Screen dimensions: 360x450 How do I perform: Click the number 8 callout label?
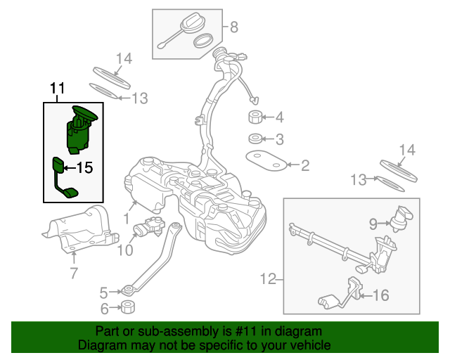(x=234, y=28)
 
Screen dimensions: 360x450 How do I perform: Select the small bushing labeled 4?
(x=255, y=117)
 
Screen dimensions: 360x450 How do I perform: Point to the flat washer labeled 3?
(x=256, y=139)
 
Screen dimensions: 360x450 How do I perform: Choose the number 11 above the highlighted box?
(x=57, y=89)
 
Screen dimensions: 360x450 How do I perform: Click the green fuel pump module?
(x=79, y=129)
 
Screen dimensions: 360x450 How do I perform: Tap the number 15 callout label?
(x=84, y=168)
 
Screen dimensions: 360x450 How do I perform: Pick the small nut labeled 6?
(x=128, y=307)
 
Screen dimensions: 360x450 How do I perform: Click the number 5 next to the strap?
(x=103, y=292)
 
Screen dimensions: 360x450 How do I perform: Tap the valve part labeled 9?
(x=401, y=218)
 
